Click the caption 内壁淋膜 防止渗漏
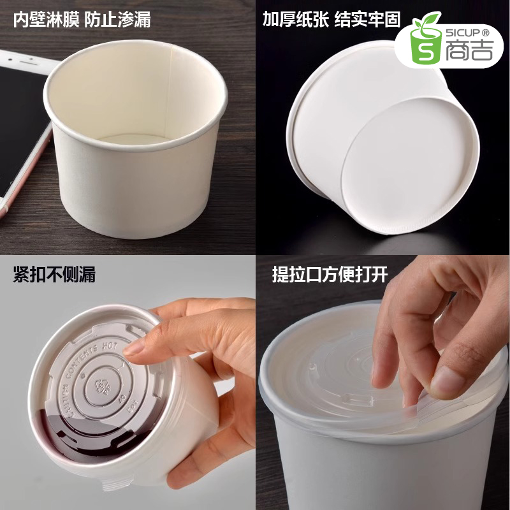(x=82, y=20)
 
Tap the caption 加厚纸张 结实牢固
(x=331, y=20)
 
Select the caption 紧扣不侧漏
(x=54, y=275)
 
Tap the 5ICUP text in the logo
(x=465, y=31)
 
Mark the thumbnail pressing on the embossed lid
(x=133, y=347)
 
